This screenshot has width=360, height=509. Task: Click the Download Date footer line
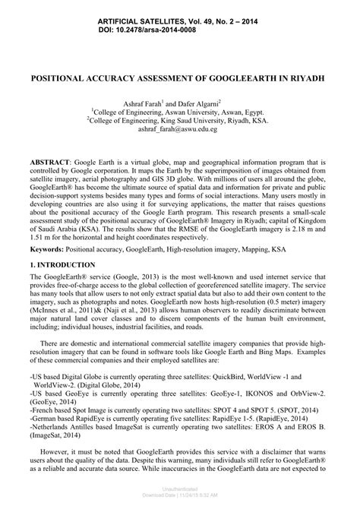point(179,504)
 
